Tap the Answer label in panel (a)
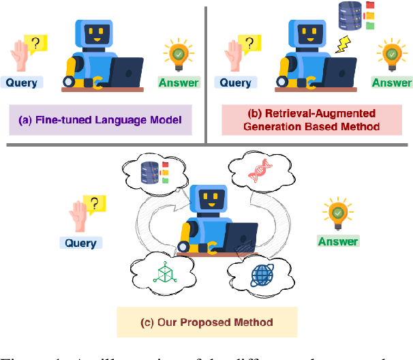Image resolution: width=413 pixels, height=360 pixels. (x=179, y=83)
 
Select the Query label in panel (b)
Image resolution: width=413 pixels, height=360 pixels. (x=236, y=82)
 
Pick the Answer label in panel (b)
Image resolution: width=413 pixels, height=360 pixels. (x=392, y=83)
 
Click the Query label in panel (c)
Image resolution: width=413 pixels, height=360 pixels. (x=80, y=242)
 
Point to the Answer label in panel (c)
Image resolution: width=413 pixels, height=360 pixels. (x=337, y=241)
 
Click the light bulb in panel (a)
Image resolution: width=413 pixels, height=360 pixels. (x=179, y=55)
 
